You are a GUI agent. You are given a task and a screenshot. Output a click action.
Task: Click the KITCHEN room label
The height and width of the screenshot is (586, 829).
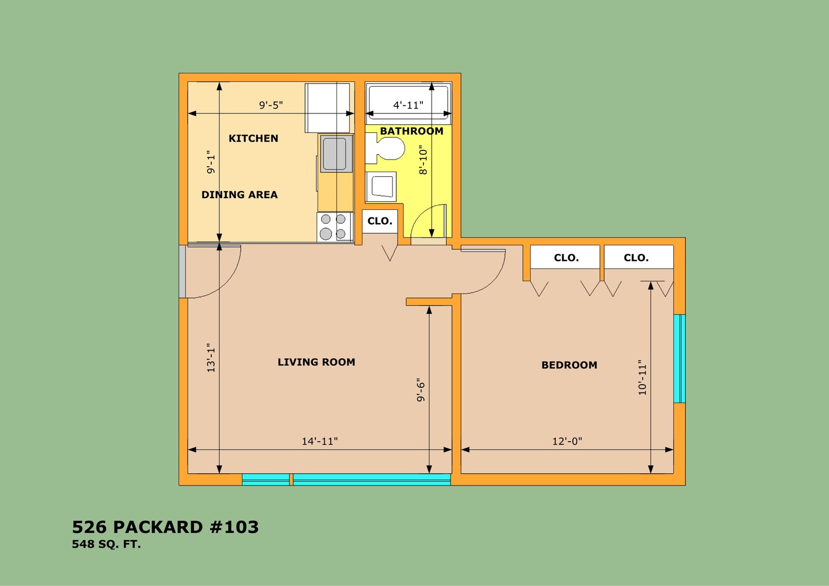tap(253, 138)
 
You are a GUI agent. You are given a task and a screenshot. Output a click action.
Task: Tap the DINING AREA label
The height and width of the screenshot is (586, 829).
tap(239, 195)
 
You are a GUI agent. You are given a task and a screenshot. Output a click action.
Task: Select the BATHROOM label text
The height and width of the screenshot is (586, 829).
tap(412, 131)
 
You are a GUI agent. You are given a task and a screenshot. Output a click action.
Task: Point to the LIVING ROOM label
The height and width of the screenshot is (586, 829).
tap(317, 362)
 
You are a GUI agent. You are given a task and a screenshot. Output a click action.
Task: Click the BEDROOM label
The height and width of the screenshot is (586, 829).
tap(569, 365)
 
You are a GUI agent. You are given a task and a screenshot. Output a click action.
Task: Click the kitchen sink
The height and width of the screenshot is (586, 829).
tap(337, 153)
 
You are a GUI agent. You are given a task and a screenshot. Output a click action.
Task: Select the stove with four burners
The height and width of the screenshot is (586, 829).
tap(336, 227)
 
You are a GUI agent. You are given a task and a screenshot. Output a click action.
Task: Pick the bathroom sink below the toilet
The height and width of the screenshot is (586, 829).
tap(381, 187)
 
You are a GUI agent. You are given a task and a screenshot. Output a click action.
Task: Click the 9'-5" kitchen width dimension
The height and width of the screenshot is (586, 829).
tap(271, 105)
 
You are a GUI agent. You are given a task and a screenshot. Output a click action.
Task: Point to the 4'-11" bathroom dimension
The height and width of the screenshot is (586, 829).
tap(408, 105)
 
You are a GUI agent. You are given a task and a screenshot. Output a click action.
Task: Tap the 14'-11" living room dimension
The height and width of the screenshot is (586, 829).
tap(320, 441)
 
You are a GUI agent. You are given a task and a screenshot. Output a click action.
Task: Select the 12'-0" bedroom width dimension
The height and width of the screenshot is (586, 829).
tap(567, 441)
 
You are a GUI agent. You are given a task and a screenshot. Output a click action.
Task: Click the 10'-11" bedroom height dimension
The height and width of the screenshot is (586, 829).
tap(642, 377)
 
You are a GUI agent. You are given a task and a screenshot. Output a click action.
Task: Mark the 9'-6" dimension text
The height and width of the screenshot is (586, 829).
tap(421, 390)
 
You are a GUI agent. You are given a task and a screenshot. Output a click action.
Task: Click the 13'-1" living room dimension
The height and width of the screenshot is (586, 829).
tap(211, 358)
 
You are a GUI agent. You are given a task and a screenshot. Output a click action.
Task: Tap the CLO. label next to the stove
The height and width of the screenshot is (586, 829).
tap(379, 221)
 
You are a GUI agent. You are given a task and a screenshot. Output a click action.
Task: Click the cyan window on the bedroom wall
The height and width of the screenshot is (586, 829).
tap(680, 359)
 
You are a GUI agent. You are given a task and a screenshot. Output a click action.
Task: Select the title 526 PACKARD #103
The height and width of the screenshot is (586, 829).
tap(165, 527)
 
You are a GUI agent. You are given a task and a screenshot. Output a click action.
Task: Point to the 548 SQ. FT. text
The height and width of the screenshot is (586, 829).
tap(106, 544)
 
